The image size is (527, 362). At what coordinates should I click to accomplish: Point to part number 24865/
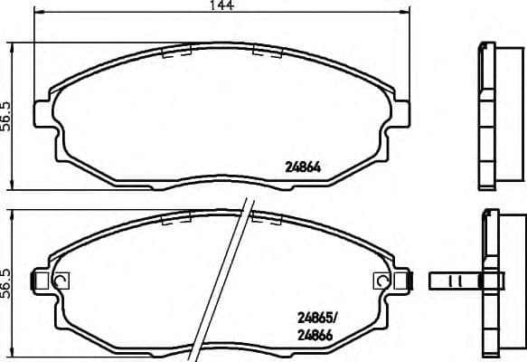[x=318, y=318]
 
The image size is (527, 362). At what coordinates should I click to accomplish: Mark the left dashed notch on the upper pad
[x=174, y=52]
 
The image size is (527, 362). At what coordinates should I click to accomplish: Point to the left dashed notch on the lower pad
[x=174, y=218]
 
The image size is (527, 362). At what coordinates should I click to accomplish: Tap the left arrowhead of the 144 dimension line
[x=38, y=15]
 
